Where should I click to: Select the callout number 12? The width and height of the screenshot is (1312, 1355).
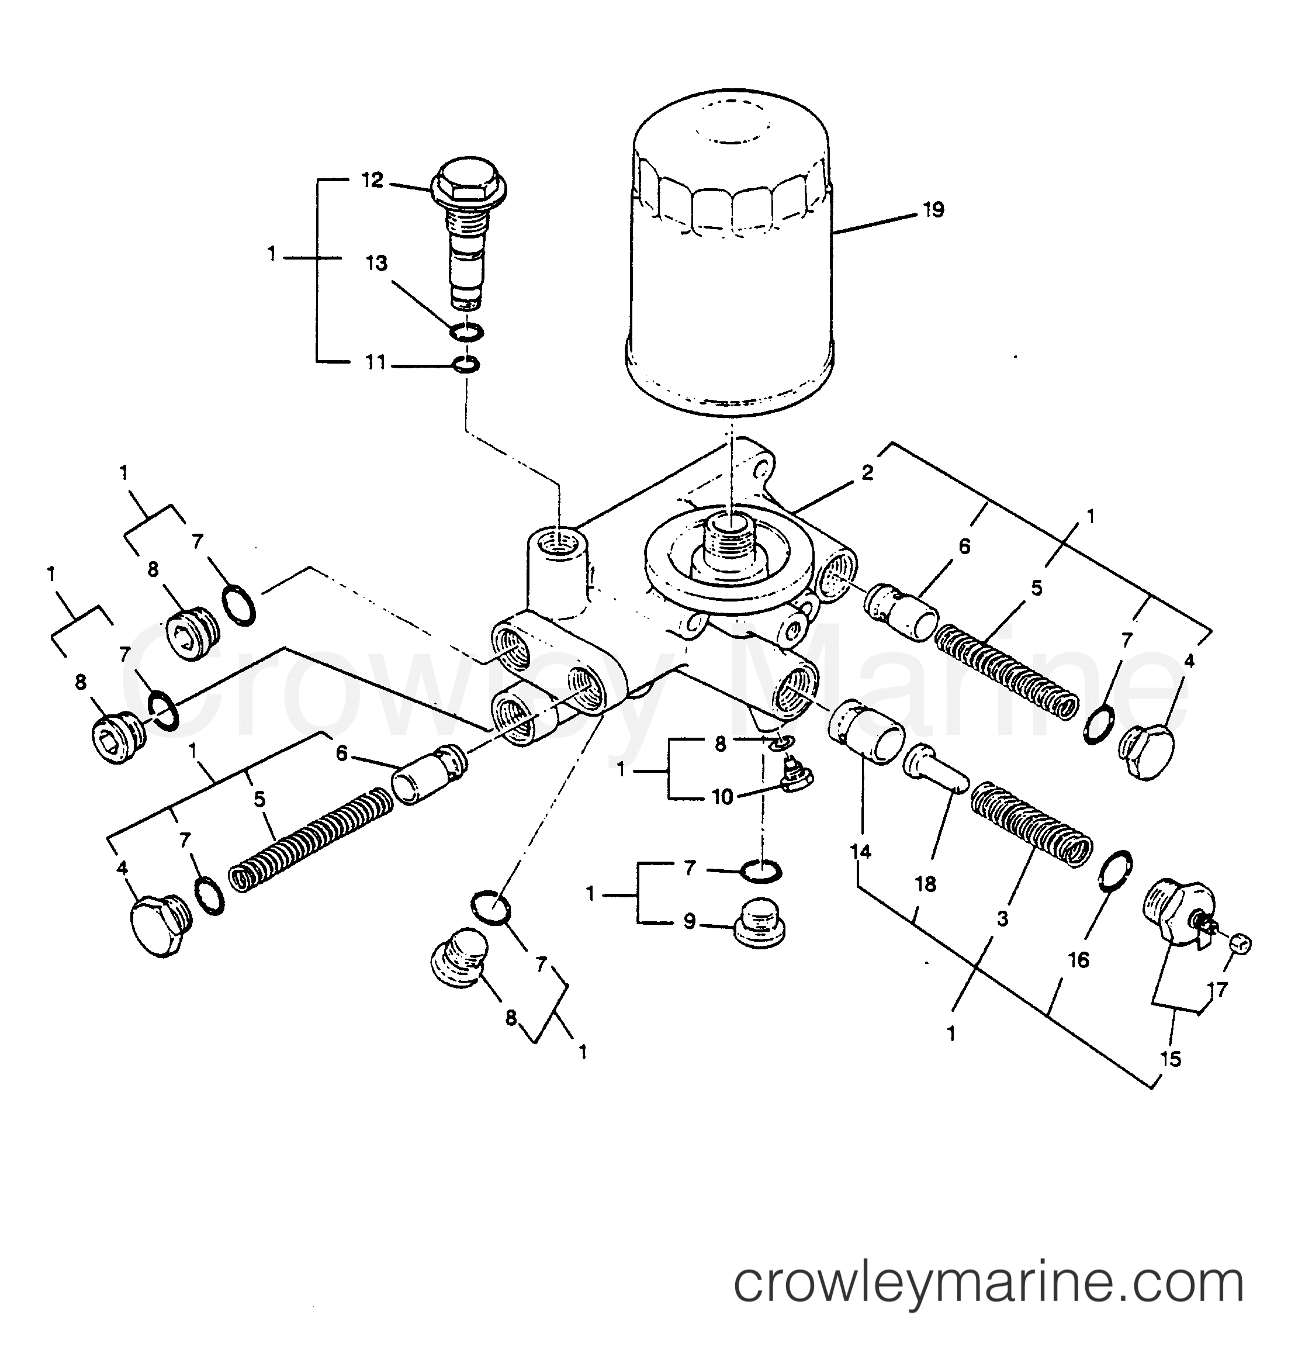372,181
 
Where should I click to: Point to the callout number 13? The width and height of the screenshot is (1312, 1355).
377,264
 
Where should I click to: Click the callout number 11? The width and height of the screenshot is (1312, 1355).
375,362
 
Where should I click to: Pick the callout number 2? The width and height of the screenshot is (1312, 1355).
867,473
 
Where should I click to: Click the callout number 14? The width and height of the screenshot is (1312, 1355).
861,852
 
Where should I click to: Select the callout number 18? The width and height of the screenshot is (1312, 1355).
925,883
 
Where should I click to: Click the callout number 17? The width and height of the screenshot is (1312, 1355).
1218,990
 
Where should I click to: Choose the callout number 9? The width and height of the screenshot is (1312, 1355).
689,921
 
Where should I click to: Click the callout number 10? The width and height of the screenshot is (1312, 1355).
722,797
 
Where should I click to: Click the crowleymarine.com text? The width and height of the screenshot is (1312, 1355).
988,1283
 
